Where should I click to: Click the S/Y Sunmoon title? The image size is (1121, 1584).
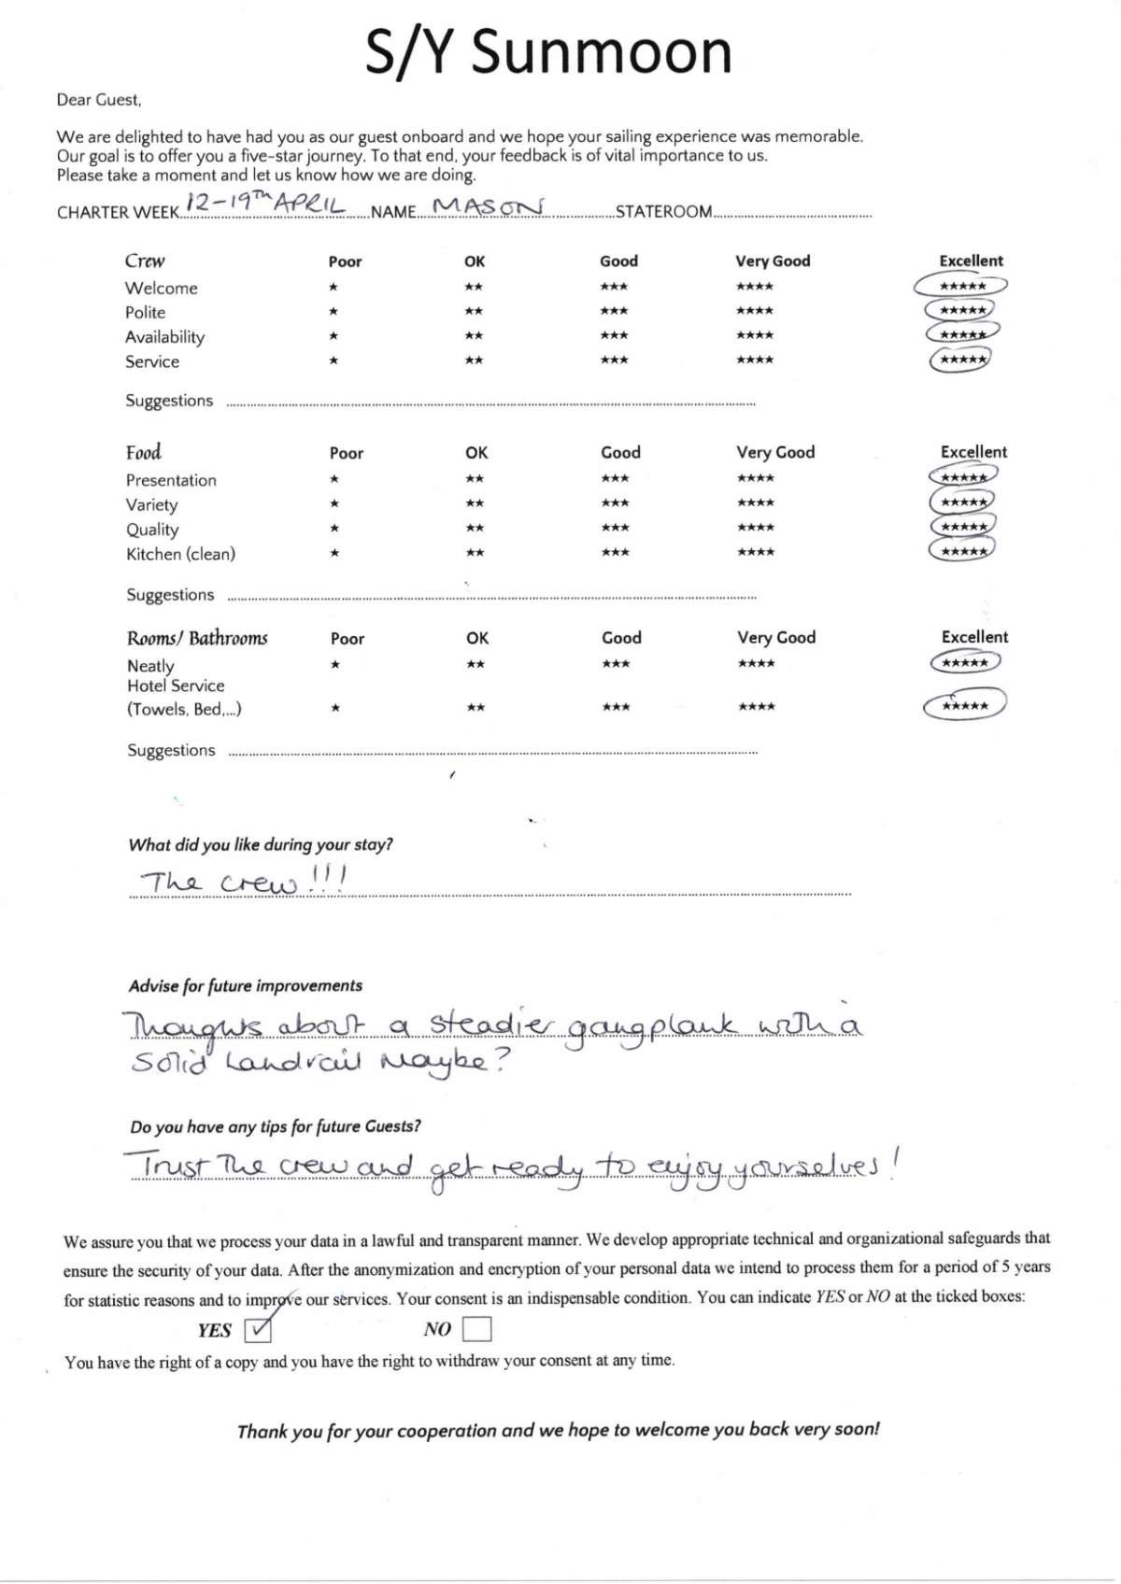pos(548,52)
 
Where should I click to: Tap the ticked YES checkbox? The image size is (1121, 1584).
pos(257,1328)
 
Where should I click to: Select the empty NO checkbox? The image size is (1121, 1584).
pos(476,1328)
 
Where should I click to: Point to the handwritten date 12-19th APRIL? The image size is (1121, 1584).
pos(265,203)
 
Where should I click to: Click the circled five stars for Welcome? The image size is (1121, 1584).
pos(962,286)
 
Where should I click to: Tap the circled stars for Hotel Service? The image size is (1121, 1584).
pos(965,706)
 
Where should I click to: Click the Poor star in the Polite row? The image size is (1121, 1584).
pos(333,311)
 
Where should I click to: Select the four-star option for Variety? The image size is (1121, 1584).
pos(755,503)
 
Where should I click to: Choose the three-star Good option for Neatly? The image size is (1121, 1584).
pos(616,664)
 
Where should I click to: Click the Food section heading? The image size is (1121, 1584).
pos(144,453)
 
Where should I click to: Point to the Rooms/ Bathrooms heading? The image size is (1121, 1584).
pos(197,639)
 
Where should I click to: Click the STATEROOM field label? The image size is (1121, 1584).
pos(663,212)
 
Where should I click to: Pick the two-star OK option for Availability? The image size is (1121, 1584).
pos(474,335)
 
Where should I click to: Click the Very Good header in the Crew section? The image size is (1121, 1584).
pos(773,262)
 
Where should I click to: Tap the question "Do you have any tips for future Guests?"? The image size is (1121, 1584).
pos(276,1126)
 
